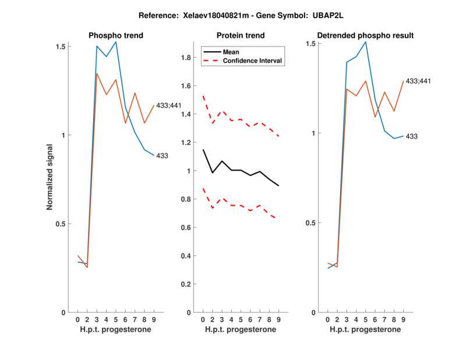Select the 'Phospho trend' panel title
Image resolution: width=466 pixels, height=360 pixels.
point(115,36)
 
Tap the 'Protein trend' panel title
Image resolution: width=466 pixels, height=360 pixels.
point(241,36)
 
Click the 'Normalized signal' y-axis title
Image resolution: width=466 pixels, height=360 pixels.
point(50,179)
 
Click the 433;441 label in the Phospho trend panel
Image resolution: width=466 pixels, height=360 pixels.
point(170,105)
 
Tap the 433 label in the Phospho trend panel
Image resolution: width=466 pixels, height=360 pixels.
point(163,156)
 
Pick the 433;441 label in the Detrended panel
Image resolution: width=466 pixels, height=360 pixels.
point(418,81)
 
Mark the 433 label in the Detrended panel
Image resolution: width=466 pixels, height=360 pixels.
point(412,136)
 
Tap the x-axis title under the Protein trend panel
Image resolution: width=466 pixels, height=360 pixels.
point(241,330)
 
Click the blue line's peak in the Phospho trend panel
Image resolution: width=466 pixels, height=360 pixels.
point(116,41)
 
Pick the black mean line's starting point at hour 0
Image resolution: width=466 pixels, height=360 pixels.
point(203,150)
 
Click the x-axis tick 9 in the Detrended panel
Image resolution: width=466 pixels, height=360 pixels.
point(403,320)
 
